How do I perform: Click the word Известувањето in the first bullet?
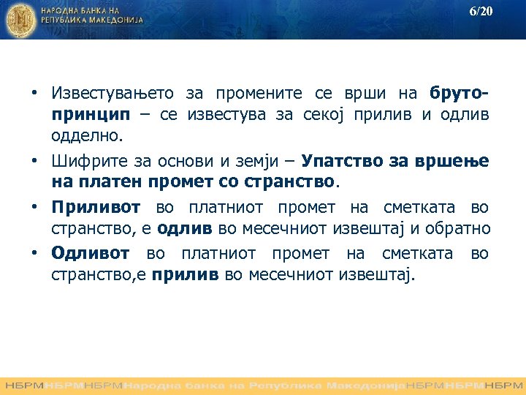click(x=113, y=94)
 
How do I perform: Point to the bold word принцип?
click(x=91, y=115)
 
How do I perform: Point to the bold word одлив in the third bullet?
click(x=184, y=228)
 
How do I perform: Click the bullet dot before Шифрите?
click(x=34, y=160)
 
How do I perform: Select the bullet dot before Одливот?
click(x=34, y=254)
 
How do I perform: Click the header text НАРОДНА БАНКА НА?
click(x=82, y=12)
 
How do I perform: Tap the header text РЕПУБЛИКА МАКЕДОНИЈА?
click(x=92, y=21)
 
